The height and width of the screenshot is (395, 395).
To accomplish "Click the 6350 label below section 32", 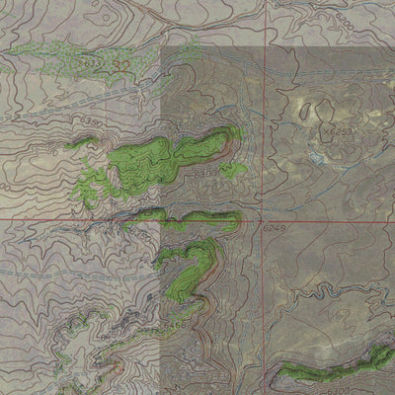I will tap(91, 119).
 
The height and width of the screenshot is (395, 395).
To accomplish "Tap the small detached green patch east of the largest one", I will tap(234, 169).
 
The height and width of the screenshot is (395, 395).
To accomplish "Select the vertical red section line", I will tap(264, 118).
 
